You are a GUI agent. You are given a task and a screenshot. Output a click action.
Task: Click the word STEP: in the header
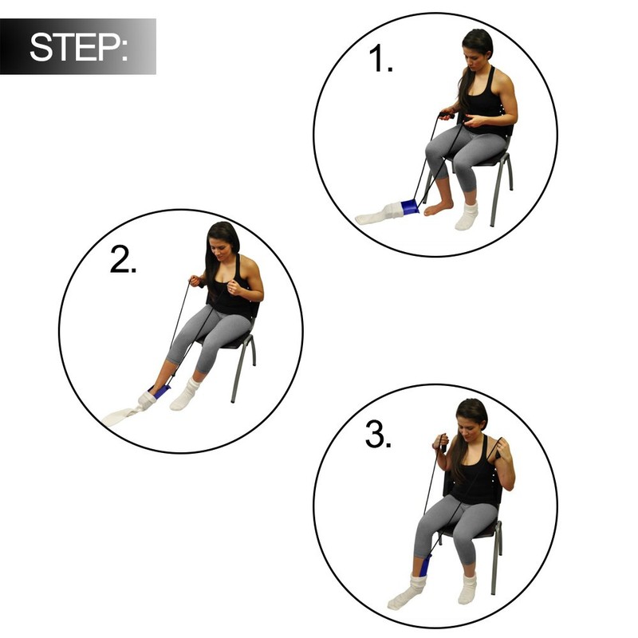(x=78, y=47)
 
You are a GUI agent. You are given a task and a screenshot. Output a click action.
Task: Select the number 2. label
(x=123, y=260)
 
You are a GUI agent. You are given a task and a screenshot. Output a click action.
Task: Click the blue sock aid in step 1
(x=410, y=207)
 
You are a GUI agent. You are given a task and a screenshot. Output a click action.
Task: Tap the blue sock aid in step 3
(x=424, y=567)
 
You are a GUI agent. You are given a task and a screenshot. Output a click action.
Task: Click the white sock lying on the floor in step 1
(x=380, y=214)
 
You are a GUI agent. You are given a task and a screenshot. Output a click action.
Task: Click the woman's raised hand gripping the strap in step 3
(x=439, y=442)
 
